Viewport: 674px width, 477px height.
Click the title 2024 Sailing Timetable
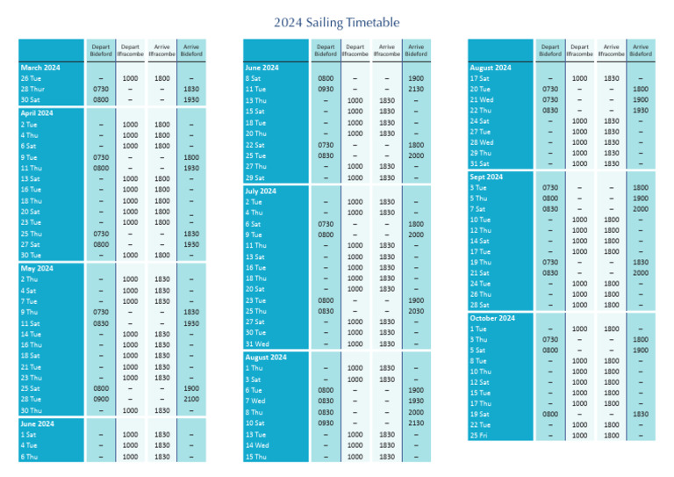(336, 21)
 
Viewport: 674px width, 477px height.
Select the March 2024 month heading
(40, 68)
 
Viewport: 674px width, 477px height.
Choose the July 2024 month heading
(261, 191)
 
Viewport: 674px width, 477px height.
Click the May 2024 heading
(38, 269)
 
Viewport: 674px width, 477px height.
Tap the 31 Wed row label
(256, 344)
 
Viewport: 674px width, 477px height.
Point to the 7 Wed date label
(256, 401)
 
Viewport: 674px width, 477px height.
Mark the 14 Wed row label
(256, 445)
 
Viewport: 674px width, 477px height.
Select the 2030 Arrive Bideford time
(416, 311)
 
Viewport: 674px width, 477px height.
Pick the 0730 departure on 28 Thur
(101, 89)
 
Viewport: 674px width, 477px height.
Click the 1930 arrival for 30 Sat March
(190, 99)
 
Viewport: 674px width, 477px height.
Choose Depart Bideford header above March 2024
(101, 50)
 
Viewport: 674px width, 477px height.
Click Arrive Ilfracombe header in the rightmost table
(611, 50)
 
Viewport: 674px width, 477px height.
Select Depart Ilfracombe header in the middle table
(355, 50)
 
